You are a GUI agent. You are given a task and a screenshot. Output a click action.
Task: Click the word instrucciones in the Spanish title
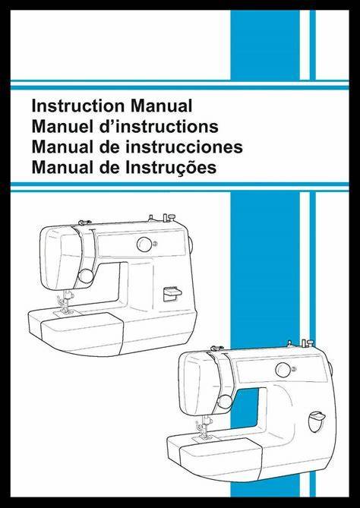point(184,147)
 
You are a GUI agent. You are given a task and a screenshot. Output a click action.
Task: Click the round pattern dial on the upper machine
point(144,245)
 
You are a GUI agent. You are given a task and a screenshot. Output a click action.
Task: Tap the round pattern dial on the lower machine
point(283,370)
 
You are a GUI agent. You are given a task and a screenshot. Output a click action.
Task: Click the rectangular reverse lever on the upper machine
point(172,294)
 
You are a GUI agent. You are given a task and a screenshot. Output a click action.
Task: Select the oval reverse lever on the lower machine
point(316,421)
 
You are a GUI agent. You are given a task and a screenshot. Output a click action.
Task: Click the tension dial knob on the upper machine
point(86,276)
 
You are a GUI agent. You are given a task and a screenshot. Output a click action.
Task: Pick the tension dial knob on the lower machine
point(225,402)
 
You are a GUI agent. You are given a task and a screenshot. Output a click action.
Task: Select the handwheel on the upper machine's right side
point(191,245)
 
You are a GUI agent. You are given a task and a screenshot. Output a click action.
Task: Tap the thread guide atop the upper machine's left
point(85,222)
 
